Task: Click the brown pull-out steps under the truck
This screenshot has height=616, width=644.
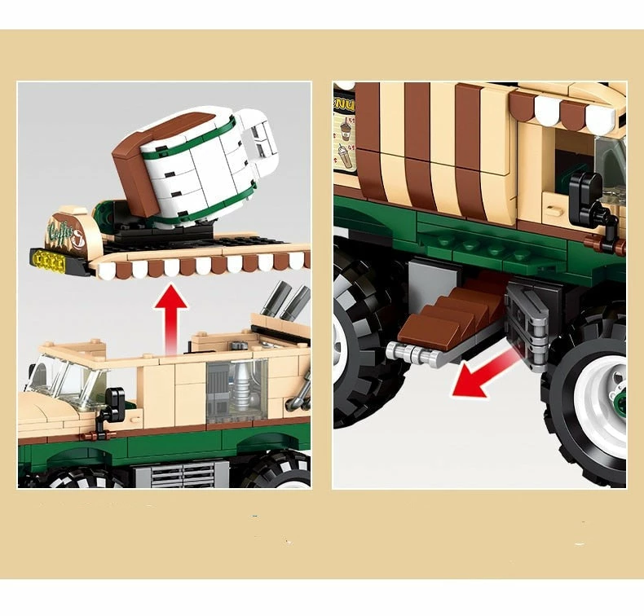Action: tap(443, 318)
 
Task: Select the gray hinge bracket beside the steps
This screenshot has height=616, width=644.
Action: tap(526, 326)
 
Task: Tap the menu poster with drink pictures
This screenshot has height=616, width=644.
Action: tap(344, 134)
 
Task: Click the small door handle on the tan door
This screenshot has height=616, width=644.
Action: tap(554, 209)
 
